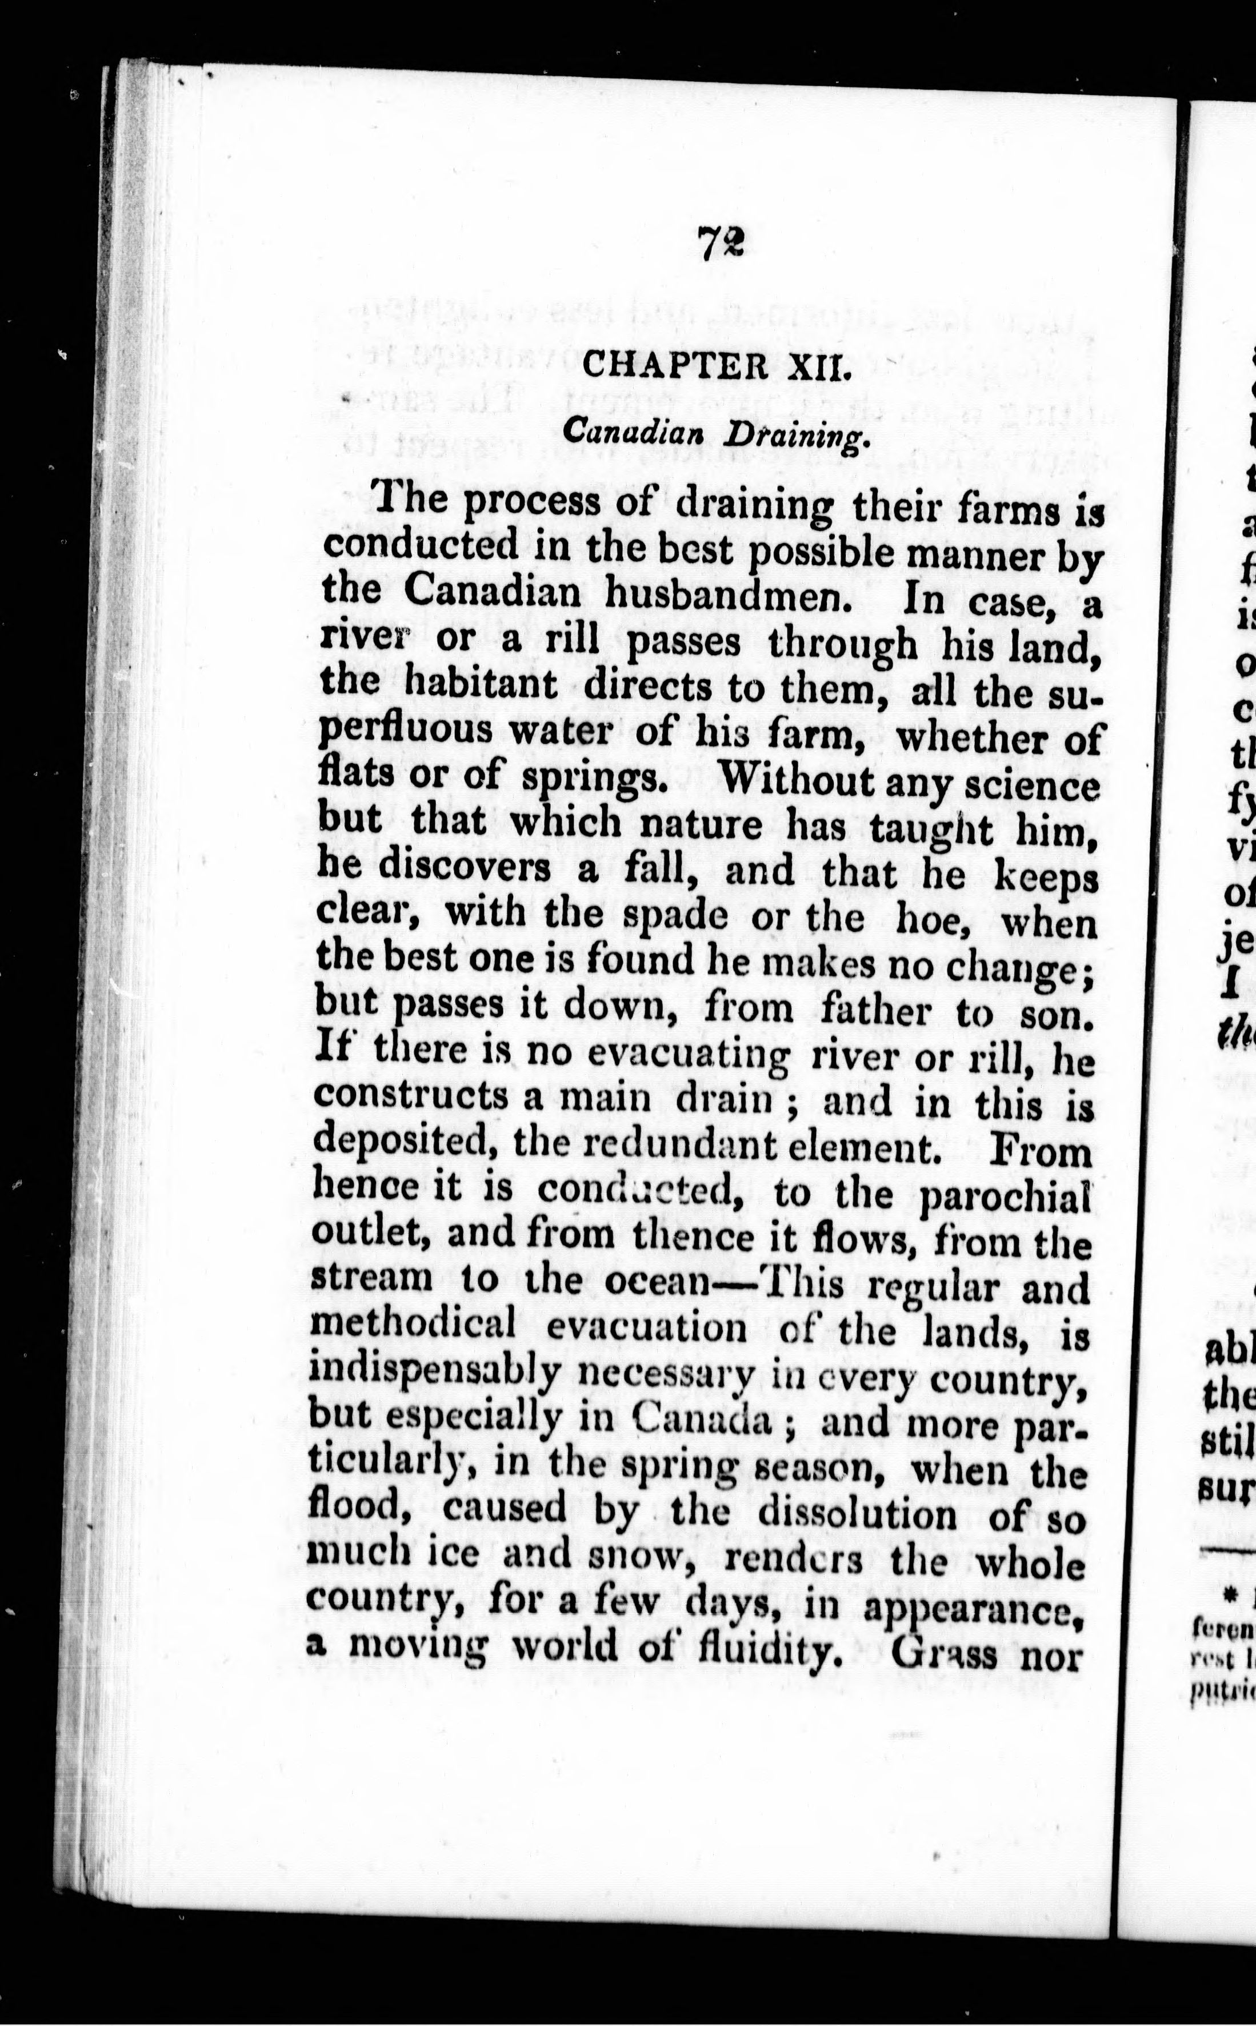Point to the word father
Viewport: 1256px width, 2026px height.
(875, 1013)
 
